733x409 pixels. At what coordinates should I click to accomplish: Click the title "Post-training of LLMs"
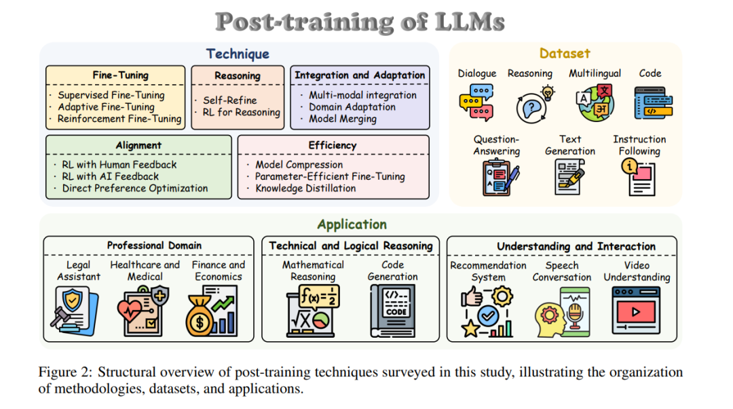point(360,22)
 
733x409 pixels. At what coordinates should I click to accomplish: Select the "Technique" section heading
point(238,54)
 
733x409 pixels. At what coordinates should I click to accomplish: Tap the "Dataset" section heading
point(565,53)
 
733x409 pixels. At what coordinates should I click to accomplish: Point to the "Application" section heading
point(352,224)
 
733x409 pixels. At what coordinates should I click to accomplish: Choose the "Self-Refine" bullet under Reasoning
point(229,100)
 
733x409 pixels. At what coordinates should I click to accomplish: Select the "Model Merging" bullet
point(343,118)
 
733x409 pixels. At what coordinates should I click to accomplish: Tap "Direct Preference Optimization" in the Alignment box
point(135,188)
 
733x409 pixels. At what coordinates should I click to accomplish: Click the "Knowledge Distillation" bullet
point(305,188)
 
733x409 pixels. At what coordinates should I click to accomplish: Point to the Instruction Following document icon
point(638,178)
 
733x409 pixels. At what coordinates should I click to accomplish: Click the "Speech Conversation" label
point(562,271)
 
